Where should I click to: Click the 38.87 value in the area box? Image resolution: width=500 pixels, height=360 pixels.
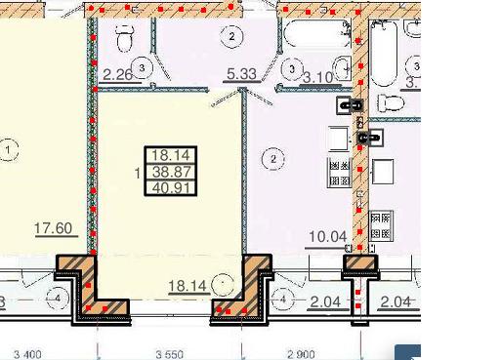tap(171, 172)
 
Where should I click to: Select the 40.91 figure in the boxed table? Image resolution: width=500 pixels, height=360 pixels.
tap(171, 188)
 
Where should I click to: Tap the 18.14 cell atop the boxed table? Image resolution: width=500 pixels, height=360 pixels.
tap(171, 155)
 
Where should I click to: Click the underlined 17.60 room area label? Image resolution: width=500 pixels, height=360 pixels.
tap(53, 228)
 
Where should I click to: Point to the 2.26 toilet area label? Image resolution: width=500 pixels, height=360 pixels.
tap(117, 75)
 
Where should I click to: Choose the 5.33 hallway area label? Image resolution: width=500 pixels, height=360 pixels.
tap(241, 74)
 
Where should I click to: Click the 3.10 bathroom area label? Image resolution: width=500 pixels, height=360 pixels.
tap(318, 77)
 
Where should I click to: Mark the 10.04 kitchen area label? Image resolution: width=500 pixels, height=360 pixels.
tap(327, 236)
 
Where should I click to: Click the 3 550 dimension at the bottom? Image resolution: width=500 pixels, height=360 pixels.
tap(170, 354)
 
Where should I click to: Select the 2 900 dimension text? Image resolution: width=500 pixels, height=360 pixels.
tap(301, 354)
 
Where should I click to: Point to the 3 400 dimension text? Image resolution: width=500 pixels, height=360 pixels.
tap(27, 354)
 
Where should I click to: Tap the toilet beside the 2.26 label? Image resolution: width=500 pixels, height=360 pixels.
tap(124, 38)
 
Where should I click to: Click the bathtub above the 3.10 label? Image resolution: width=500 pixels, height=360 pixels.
tap(317, 33)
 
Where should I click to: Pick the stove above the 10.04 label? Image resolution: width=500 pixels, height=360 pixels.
tap(339, 173)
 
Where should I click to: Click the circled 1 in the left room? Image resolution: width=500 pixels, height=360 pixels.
tap(8, 150)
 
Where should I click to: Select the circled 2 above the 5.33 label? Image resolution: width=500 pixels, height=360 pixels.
tap(231, 36)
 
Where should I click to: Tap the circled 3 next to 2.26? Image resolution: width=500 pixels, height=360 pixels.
tap(142, 68)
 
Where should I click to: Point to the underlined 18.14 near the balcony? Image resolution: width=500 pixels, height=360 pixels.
tap(187, 286)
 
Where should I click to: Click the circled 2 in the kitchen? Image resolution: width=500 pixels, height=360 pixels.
tap(273, 159)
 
